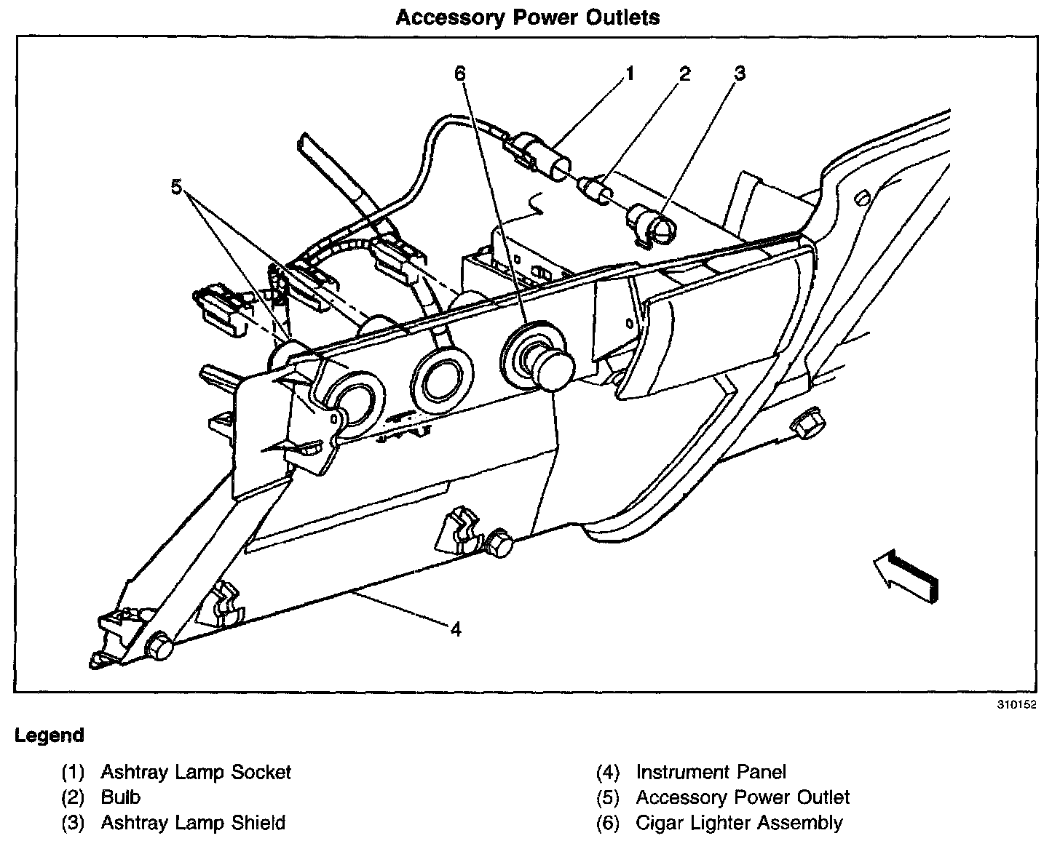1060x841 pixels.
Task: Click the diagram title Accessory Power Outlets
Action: (x=528, y=17)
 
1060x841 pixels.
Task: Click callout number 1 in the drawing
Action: (x=630, y=73)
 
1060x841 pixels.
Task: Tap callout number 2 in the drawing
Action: (x=685, y=73)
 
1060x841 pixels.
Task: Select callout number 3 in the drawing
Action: (x=739, y=73)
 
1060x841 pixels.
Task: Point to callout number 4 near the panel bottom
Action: (x=456, y=629)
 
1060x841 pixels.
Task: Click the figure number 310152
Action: (x=1017, y=704)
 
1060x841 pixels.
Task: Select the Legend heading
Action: (x=50, y=735)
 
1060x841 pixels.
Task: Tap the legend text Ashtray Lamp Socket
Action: (x=196, y=772)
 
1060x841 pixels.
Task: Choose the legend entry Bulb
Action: (x=121, y=797)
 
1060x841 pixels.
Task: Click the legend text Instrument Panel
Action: (x=711, y=772)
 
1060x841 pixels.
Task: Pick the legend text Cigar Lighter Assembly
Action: (x=739, y=823)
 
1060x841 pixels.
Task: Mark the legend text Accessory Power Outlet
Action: (x=743, y=797)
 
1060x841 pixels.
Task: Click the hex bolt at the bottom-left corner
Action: (x=159, y=646)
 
